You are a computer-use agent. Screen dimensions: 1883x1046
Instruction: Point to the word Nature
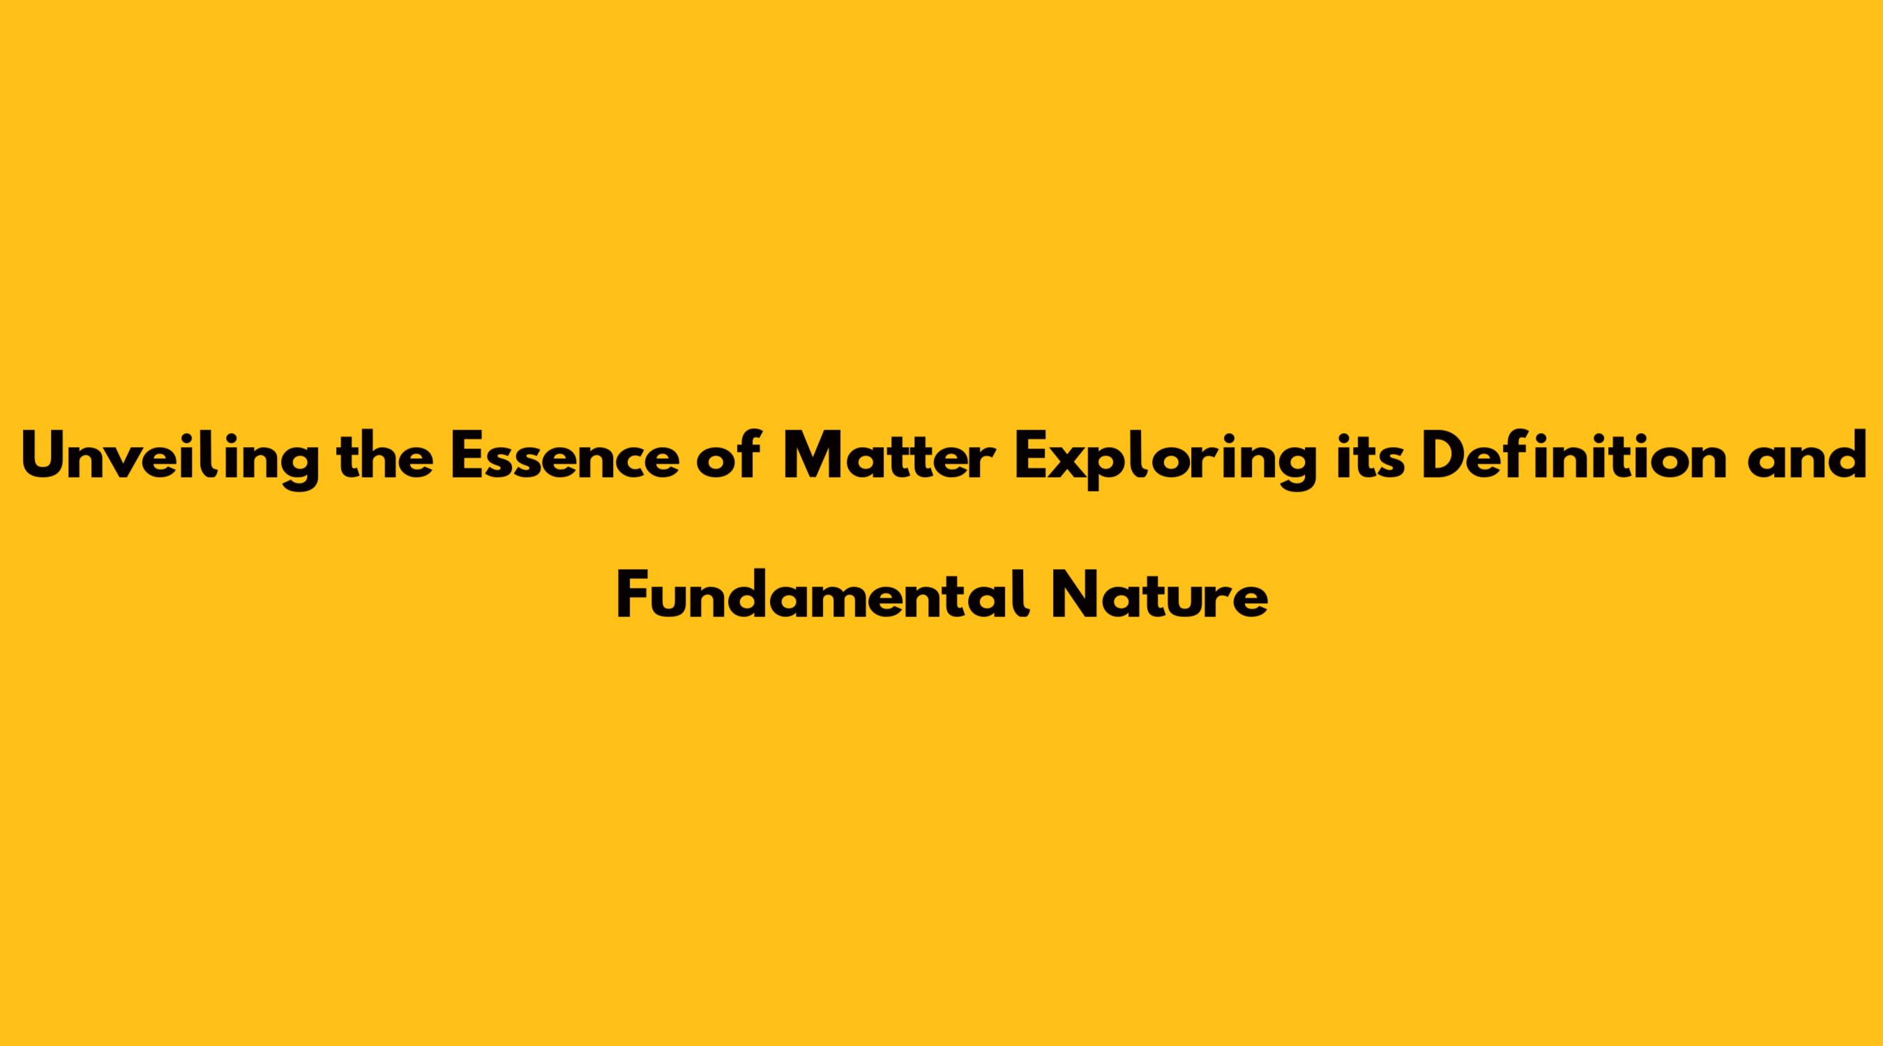point(1158,595)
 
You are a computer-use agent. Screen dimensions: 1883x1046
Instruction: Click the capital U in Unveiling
point(45,457)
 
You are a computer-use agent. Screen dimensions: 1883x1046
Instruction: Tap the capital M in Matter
point(812,457)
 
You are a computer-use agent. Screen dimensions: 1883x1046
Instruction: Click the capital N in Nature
point(1074,595)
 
